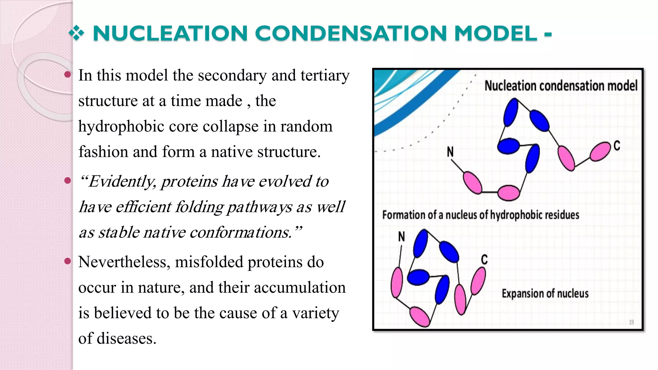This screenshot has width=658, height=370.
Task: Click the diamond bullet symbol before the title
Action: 76,33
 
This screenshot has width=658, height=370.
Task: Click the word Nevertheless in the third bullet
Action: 124,262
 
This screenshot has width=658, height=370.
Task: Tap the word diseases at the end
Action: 127,338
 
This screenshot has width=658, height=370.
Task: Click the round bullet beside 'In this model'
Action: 67,75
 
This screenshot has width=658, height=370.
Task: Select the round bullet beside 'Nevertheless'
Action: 67,261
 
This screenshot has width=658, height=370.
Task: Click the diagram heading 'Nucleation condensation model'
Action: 561,86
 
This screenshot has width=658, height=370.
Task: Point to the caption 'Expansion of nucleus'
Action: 545,293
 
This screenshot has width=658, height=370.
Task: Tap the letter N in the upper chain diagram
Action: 450,152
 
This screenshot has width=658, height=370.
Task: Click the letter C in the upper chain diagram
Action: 617,146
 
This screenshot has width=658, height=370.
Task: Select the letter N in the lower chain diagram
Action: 401,237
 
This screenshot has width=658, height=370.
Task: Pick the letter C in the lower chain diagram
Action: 484,260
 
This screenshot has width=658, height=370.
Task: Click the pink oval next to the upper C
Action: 600,152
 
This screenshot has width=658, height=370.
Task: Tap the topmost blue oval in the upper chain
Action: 511,112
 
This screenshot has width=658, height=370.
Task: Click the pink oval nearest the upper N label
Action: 472,182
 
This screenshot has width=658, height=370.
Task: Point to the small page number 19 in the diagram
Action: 631,322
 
